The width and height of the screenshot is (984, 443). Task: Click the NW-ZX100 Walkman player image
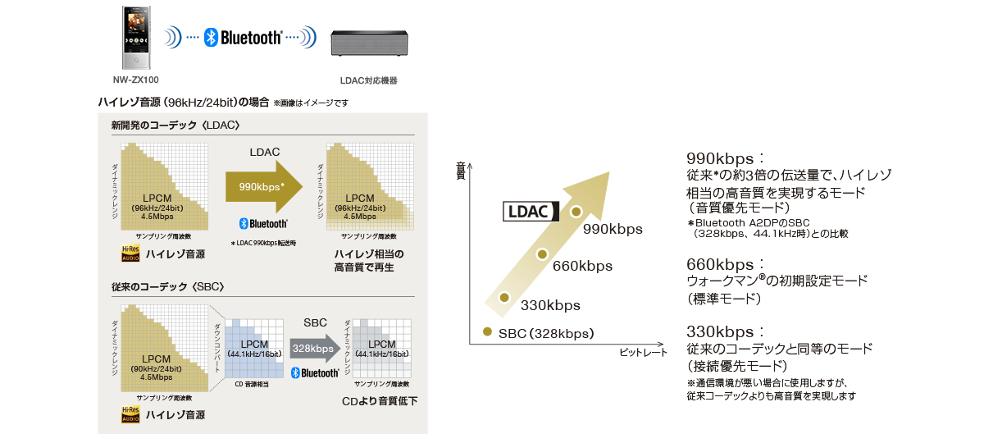(x=135, y=39)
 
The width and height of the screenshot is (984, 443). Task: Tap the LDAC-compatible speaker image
(x=368, y=43)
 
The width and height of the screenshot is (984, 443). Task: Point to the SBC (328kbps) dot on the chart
(x=487, y=332)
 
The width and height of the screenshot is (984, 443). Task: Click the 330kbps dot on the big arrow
(x=504, y=297)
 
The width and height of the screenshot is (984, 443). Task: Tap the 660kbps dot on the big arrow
(x=541, y=254)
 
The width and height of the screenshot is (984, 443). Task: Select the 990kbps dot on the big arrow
(x=576, y=212)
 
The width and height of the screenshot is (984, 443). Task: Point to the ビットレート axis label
(x=644, y=352)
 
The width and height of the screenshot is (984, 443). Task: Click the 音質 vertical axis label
(x=460, y=171)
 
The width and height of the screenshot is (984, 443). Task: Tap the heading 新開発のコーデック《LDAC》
(x=175, y=126)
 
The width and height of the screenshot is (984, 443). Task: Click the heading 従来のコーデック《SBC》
(x=168, y=286)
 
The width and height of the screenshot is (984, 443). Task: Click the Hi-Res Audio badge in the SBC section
(x=130, y=414)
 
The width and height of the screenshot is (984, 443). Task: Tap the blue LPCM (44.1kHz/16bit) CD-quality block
(x=250, y=347)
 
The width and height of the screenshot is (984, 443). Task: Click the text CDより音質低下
(x=380, y=401)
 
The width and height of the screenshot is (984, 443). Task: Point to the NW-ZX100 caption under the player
(x=136, y=80)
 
